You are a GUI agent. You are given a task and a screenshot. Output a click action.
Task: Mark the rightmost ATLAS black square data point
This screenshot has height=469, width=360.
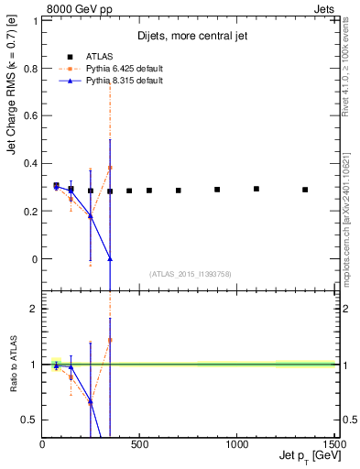click(305, 190)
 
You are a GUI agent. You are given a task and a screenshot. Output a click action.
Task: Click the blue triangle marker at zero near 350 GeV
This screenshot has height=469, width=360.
click(110, 259)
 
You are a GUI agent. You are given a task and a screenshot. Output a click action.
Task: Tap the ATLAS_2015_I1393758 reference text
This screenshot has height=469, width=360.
click(189, 273)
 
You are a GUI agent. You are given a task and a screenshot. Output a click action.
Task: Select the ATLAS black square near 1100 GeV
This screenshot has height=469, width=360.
click(256, 189)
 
